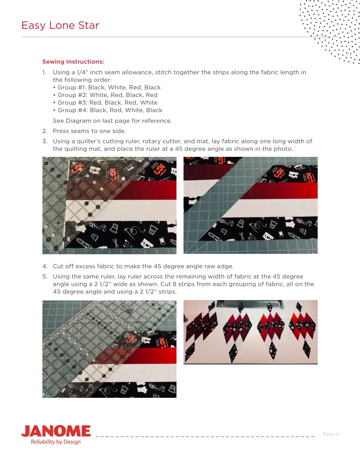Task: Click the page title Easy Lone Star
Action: tap(60, 25)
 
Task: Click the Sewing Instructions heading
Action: tap(73, 62)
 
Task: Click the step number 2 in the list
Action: tap(44, 131)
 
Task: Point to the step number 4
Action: tap(45, 266)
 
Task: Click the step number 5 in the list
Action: tap(45, 277)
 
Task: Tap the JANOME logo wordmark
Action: tap(56, 431)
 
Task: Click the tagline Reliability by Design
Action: tap(56, 442)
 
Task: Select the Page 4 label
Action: tap(330, 434)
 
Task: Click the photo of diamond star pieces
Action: tap(250, 332)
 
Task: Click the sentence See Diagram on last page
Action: tap(112, 121)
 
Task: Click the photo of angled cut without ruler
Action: tap(250, 205)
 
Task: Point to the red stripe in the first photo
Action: tap(144, 189)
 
